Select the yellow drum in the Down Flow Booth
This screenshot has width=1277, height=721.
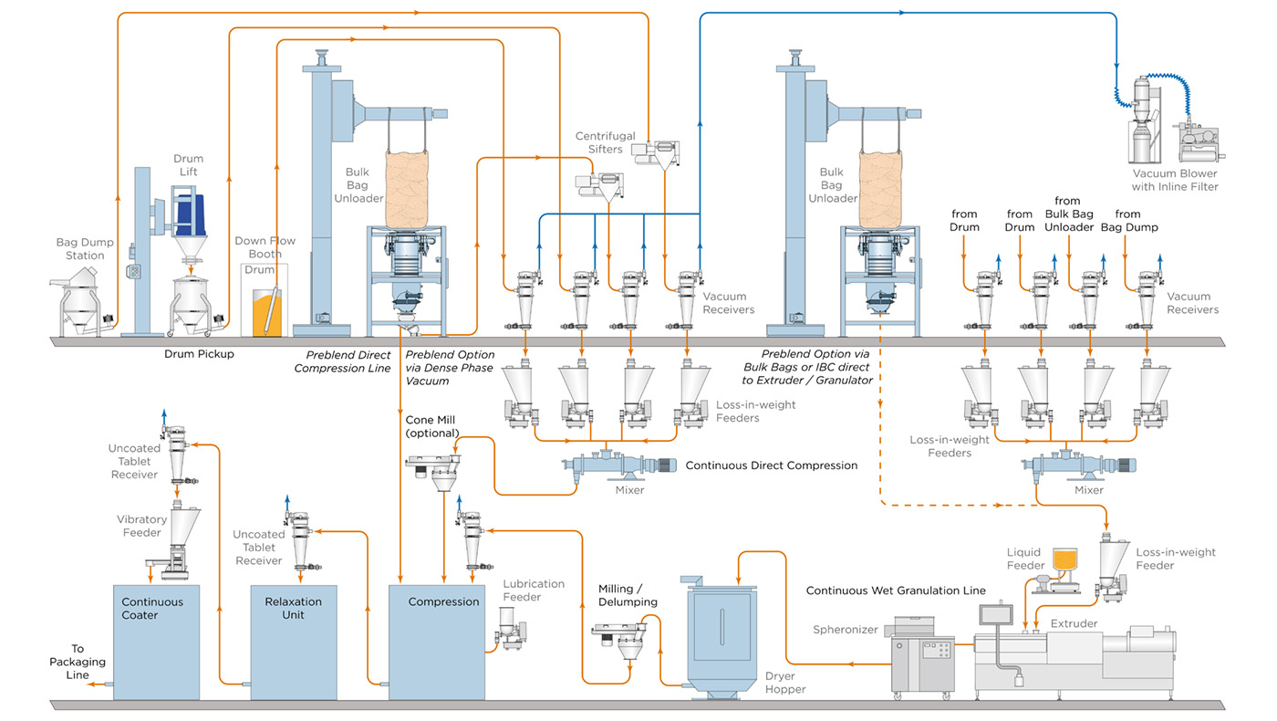[265, 310]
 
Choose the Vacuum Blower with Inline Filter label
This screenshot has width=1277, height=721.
[1175, 180]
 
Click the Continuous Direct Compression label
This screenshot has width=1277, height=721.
[771, 465]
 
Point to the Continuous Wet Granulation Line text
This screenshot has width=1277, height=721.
[896, 590]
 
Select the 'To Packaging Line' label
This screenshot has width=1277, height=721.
[77, 662]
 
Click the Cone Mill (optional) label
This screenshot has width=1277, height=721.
[432, 426]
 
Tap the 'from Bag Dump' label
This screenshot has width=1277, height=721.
[1128, 221]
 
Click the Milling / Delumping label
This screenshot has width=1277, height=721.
[628, 595]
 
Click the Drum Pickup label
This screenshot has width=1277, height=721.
[198, 353]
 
